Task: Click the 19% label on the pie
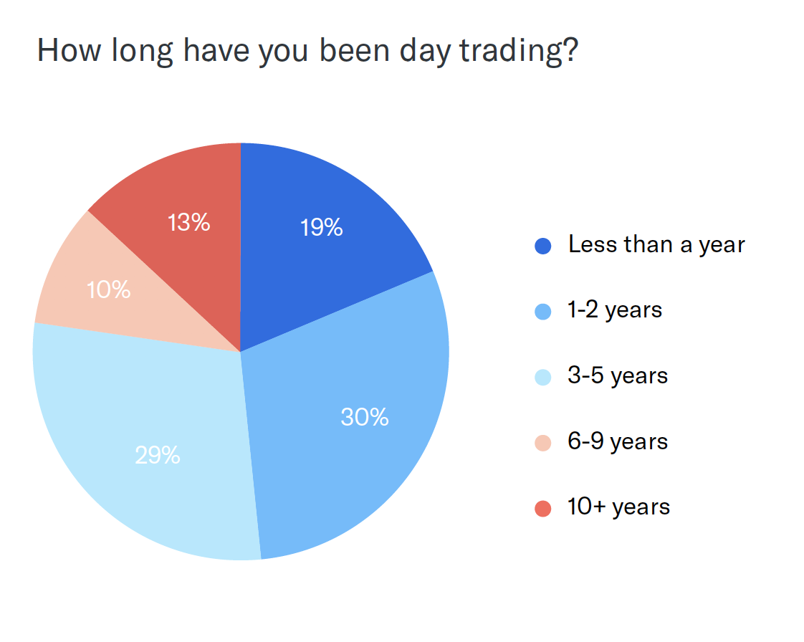(x=322, y=227)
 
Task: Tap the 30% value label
(x=365, y=417)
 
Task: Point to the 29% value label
(x=158, y=455)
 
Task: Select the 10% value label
(x=109, y=289)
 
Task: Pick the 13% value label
(x=188, y=223)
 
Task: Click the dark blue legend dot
(x=543, y=246)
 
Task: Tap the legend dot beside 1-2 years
(x=543, y=312)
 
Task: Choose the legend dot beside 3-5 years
(x=543, y=378)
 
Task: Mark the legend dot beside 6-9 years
(x=543, y=443)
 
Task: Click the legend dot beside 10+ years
(x=543, y=509)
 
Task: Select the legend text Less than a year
(x=656, y=245)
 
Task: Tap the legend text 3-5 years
(x=618, y=376)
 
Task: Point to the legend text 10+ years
(x=619, y=507)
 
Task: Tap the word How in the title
(x=70, y=51)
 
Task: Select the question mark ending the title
(x=570, y=49)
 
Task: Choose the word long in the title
(x=142, y=52)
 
